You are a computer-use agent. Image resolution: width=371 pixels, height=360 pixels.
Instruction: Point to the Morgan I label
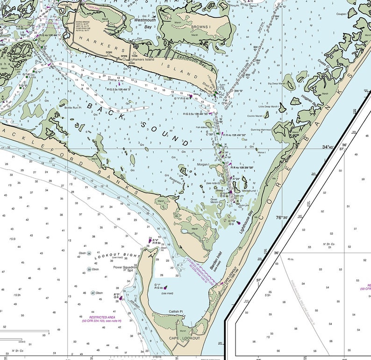202,164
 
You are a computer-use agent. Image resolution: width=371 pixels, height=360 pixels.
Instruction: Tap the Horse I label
261,152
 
